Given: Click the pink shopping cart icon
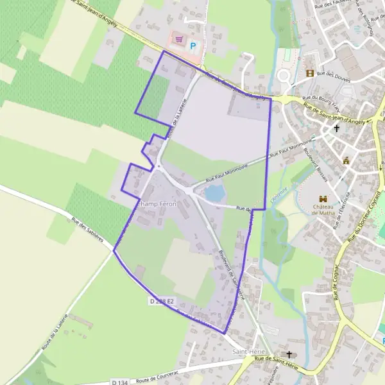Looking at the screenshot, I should coord(178,40).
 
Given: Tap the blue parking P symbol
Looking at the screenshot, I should coord(193,46).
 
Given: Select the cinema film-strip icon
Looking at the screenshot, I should coord(311,74).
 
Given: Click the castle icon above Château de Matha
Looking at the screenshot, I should coord(323,200).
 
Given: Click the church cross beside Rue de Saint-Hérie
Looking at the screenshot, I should coord(289,354).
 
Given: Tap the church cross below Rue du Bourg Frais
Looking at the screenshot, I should coord(336,128).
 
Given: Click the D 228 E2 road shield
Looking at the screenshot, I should coord(162,300).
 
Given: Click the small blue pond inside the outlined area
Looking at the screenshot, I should coord(214,192).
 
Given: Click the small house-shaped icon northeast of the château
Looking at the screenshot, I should coord(346,160).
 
